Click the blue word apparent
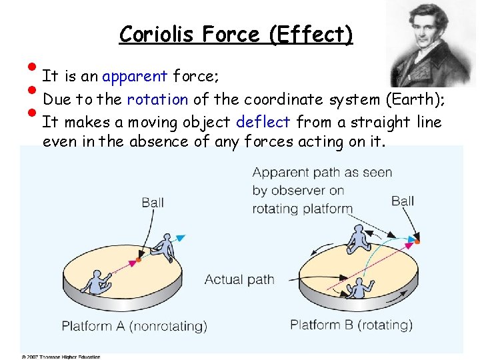click(135, 76)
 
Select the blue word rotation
click(157, 99)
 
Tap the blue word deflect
click(263, 122)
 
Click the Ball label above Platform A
click(153, 202)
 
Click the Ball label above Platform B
click(403, 200)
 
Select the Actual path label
click(239, 279)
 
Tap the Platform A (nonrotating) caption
click(134, 326)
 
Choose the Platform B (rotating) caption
click(351, 325)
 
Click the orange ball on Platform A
click(138, 259)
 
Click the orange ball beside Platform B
click(417, 241)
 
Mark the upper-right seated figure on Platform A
click(162, 248)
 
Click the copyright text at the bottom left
click(61, 357)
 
